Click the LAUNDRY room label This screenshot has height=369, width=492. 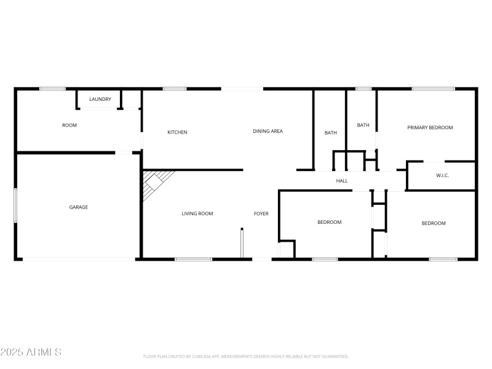[100, 99]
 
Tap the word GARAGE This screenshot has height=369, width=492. [78, 207]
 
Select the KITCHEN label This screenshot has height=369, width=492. [177, 132]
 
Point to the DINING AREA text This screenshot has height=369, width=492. [268, 131]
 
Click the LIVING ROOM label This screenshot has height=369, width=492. [197, 214]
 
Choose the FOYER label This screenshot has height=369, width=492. [261, 214]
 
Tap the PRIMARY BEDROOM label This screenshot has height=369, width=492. [430, 128]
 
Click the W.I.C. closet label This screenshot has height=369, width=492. [442, 176]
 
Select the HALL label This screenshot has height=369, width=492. [342, 181]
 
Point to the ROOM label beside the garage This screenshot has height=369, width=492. [69, 125]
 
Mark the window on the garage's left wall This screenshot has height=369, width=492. [15, 207]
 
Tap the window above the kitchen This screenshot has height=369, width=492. [175, 89]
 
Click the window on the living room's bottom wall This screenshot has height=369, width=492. [194, 259]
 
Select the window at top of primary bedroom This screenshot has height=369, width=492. [433, 89]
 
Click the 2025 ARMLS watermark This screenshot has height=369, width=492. [31, 352]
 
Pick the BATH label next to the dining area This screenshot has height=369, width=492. [331, 133]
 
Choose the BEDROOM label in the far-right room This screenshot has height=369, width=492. [433, 223]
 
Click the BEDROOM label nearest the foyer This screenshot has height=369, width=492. [329, 222]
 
